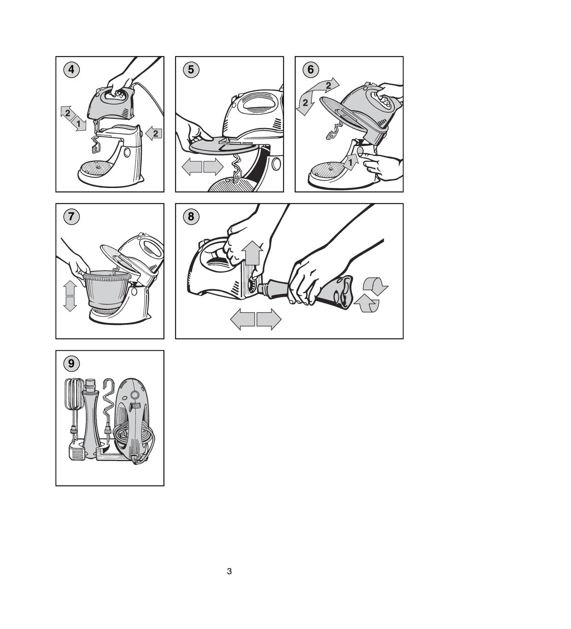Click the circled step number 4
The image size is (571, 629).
pos(71,70)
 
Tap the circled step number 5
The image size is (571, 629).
pos(191,70)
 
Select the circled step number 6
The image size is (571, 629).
pos(311,70)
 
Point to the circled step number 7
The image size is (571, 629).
pos(71,217)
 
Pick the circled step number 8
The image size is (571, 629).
pos(191,217)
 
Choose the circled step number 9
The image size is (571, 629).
pos(71,364)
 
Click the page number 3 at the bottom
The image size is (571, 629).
pos(229,571)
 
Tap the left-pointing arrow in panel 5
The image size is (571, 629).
pos(192,166)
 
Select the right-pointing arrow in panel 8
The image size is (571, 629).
pos(269,319)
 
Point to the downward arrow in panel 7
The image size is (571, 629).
pos(70,304)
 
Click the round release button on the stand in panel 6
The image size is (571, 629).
pos(360,151)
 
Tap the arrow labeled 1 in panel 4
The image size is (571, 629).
pos(78,123)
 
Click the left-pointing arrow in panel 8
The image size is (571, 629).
pos(243,319)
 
